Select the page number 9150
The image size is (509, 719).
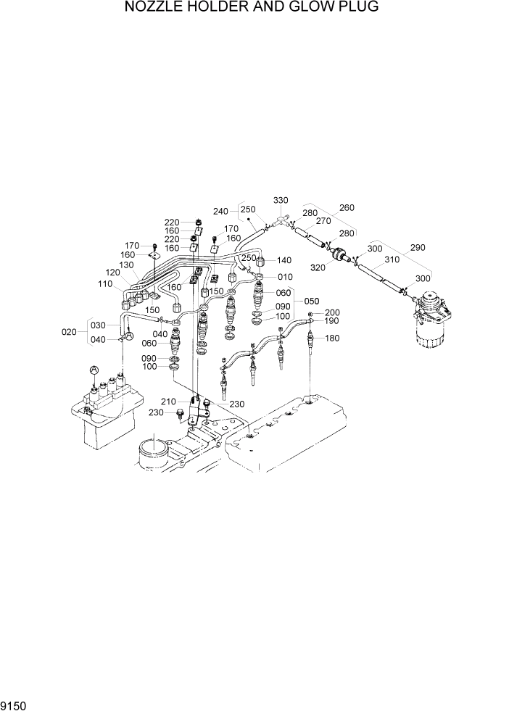17,704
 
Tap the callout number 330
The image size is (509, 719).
281,200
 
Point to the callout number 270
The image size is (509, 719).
323,221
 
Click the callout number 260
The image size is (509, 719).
347,208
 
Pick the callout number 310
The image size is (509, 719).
392,259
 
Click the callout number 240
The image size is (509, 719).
221,212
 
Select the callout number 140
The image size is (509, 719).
284,260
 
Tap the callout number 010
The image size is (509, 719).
285,277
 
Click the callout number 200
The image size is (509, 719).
331,312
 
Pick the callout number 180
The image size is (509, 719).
331,338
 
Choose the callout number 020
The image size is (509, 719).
69,332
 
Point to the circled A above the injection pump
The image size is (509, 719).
94,370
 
